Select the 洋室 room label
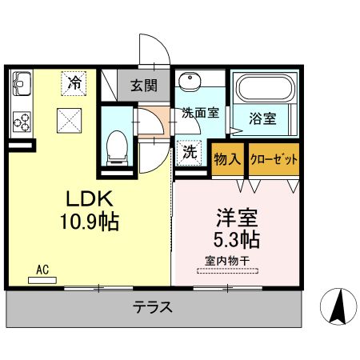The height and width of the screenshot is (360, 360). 235,217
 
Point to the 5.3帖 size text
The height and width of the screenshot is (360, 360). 235,238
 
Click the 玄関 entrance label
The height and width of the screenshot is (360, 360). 144,86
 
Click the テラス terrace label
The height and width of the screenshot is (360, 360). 153,306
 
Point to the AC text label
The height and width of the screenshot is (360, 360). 42,270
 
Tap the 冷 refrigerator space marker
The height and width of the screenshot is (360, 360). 74,82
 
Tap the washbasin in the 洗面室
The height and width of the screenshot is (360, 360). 190,82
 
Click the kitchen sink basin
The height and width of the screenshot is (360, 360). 22,83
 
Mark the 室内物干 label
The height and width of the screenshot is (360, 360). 228,261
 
